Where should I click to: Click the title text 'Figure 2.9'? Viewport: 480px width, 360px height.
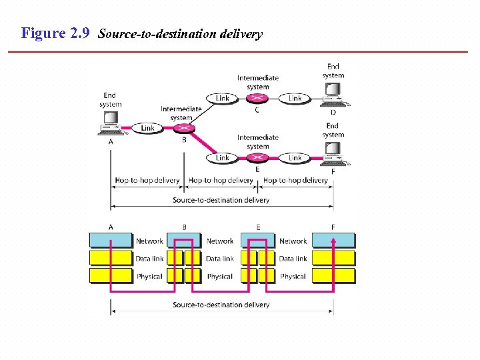55,33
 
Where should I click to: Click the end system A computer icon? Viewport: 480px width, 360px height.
110,121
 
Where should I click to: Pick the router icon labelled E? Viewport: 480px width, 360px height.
257,158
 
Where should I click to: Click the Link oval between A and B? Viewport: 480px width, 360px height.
147,127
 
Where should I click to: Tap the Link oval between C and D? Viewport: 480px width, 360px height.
295,98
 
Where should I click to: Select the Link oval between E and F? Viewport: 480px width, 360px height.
295,158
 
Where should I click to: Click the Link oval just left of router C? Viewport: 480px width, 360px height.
222,98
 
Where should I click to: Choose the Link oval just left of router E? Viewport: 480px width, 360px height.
222,158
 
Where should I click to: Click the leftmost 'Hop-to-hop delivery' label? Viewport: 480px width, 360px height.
147,180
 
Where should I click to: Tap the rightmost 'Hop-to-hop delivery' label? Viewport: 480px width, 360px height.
295,180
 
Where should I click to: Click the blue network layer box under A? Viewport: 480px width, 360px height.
111,241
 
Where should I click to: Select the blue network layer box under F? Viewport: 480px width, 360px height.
333,241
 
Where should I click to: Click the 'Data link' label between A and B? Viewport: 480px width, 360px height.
149,259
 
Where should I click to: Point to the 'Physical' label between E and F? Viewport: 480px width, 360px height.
293,276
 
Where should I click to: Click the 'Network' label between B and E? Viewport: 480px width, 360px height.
220,241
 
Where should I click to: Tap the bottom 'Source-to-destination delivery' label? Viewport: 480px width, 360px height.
221,305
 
